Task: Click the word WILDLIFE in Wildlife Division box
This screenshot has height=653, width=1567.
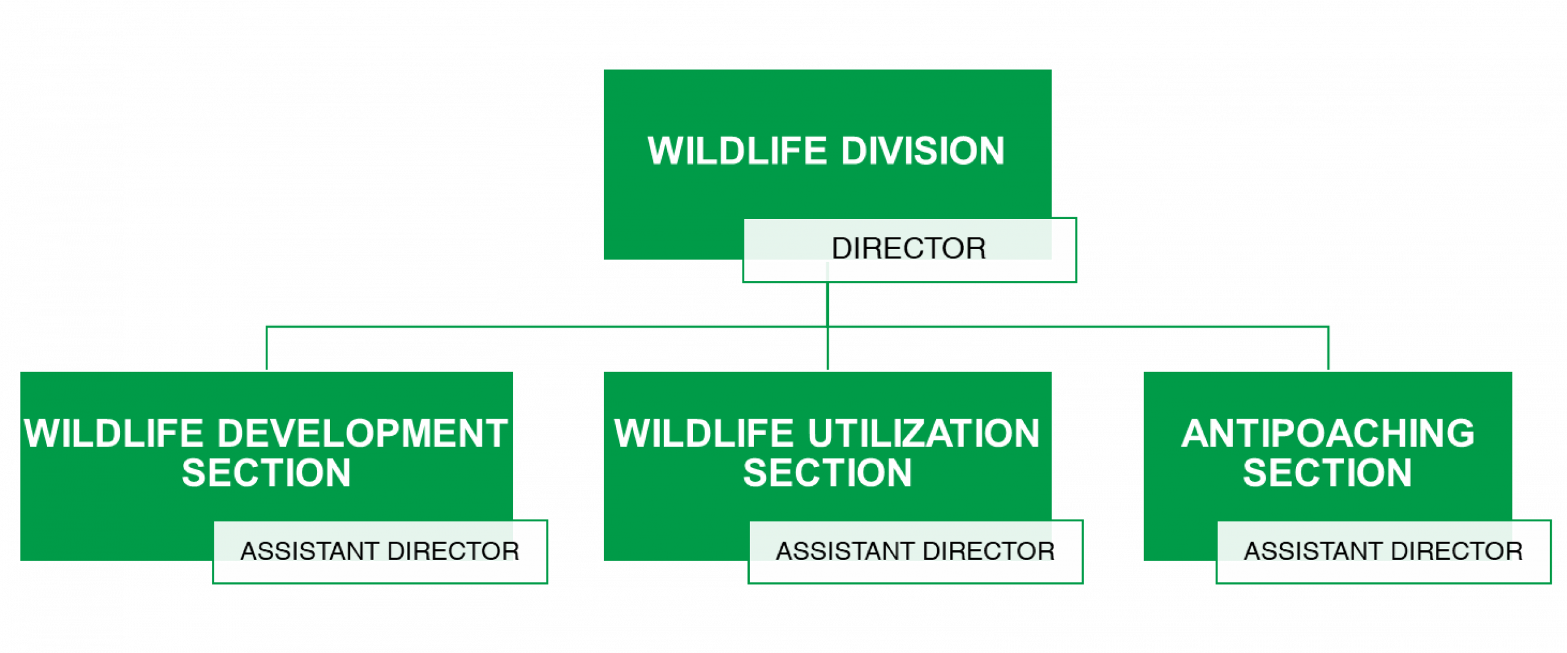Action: [x=737, y=151]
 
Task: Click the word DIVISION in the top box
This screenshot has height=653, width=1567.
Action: [x=922, y=151]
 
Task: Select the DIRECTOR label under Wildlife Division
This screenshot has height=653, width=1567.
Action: [x=908, y=248]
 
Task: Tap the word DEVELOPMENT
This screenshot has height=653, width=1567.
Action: [x=362, y=433]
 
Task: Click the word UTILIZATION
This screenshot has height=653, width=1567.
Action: [x=924, y=433]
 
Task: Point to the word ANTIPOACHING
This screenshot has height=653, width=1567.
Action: [x=1328, y=433]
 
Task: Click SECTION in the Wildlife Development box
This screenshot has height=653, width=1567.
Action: [x=266, y=472]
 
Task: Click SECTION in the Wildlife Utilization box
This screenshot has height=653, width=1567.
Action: [x=828, y=472]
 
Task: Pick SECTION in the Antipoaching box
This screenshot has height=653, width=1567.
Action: [x=1327, y=472]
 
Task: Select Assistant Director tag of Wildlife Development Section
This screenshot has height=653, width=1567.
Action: [x=380, y=551]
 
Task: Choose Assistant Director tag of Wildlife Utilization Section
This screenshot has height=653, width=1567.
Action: [x=915, y=551]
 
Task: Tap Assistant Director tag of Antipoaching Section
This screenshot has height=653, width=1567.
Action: [x=1383, y=551]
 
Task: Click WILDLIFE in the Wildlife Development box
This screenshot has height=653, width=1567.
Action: [x=113, y=433]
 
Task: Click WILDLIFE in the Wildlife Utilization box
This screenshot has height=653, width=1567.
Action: [x=704, y=433]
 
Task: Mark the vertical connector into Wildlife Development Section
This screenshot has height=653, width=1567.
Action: [x=267, y=349]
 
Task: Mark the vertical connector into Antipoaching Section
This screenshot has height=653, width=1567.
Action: [x=1328, y=349]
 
